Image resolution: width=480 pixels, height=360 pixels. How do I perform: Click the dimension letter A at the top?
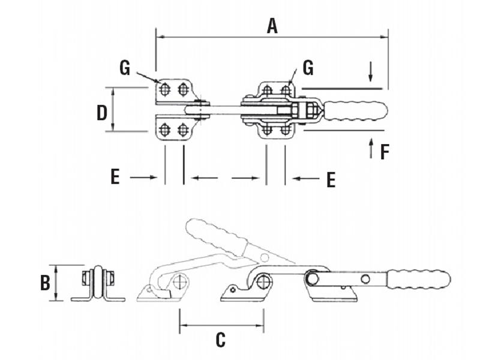click(272, 26)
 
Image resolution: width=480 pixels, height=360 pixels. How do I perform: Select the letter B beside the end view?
click(45, 283)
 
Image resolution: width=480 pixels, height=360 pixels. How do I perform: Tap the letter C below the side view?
click(221, 340)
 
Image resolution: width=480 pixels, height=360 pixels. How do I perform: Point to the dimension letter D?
click(102, 112)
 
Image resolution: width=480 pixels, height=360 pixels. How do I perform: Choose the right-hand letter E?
click(331, 179)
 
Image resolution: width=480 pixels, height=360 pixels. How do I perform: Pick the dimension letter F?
click(385, 152)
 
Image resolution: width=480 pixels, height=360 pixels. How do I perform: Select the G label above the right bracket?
click(308, 68)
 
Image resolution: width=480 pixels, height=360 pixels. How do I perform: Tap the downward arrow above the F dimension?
click(371, 72)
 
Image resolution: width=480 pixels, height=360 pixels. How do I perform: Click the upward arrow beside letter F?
click(371, 148)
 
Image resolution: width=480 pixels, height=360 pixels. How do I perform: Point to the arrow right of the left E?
click(143, 177)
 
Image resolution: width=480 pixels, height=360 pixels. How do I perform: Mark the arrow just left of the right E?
click(306, 178)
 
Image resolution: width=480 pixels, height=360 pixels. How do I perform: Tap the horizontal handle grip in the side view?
click(419, 279)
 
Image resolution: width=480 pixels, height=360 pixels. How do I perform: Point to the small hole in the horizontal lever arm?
click(364, 278)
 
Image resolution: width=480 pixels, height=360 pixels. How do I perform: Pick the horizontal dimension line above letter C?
click(221, 326)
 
